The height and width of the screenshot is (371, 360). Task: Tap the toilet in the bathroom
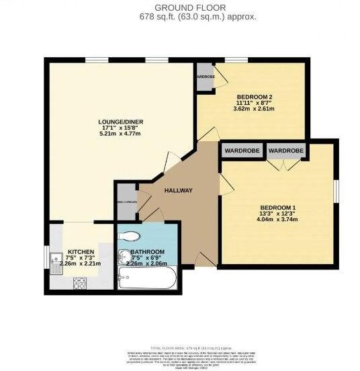(x=130, y=236)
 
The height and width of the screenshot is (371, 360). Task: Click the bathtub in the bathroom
(x=146, y=276)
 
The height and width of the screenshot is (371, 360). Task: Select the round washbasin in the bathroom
(x=124, y=255)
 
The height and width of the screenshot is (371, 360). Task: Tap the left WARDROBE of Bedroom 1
(x=241, y=151)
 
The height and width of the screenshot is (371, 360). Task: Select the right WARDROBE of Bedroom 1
(x=285, y=151)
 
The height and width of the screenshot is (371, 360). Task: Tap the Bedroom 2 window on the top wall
(x=237, y=62)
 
